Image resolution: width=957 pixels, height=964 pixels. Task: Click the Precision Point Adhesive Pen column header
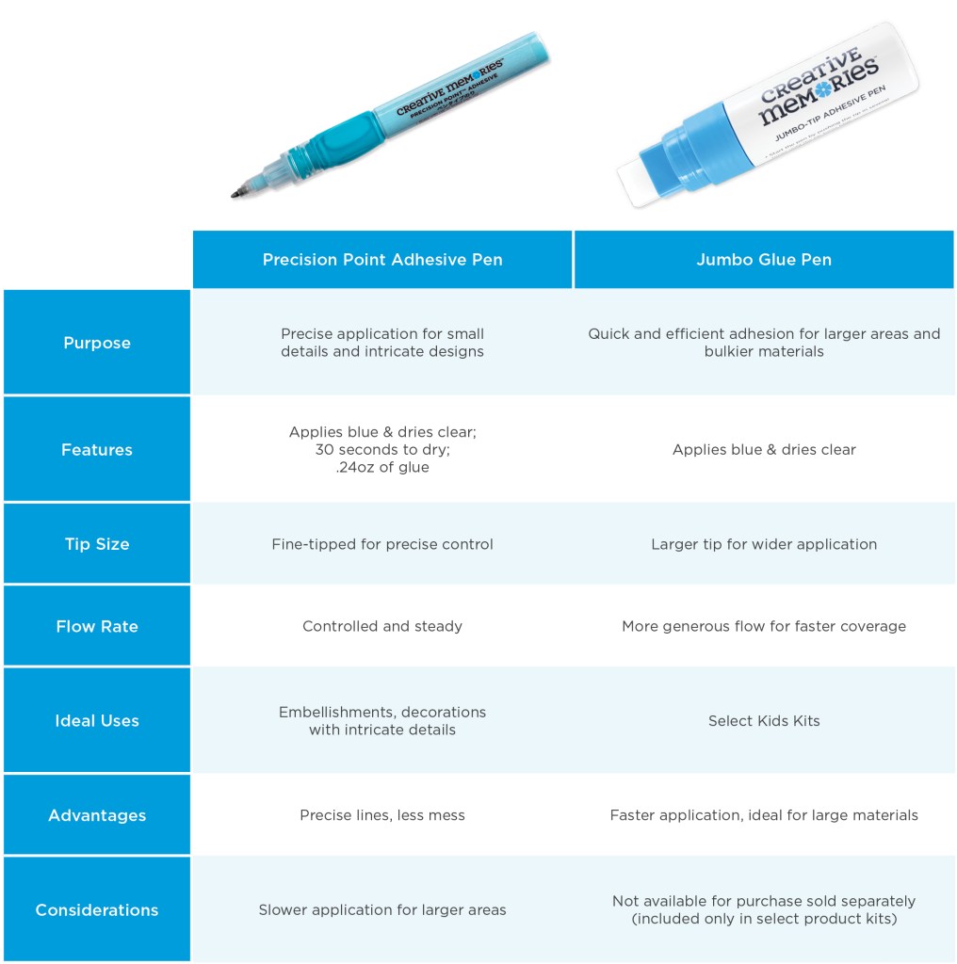tap(382, 260)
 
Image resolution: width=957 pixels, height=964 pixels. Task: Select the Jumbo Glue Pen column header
tap(763, 260)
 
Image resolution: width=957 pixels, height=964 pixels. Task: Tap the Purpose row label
tap(97, 343)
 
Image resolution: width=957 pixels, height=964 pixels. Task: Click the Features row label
tap(97, 449)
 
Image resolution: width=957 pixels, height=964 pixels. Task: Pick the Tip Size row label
tap(97, 544)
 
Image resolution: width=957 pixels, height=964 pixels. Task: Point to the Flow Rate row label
tap(97, 626)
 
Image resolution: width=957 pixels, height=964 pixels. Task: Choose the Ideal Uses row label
tap(97, 720)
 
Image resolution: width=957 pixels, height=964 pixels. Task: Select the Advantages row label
tap(97, 815)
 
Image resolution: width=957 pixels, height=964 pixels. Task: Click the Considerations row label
tap(97, 909)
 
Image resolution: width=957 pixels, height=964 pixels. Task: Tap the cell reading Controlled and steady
tap(382, 626)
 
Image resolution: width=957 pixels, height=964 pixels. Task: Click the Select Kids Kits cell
tap(763, 720)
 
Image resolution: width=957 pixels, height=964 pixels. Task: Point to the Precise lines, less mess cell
tap(382, 815)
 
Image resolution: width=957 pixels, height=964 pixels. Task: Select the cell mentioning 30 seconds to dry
tap(382, 449)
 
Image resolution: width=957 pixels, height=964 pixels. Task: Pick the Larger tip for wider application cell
tap(763, 544)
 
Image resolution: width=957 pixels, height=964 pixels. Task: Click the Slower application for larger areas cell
tap(382, 909)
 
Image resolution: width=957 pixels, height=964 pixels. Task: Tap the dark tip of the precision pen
tap(236, 193)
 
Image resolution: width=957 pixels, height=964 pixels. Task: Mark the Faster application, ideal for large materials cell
tap(763, 815)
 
